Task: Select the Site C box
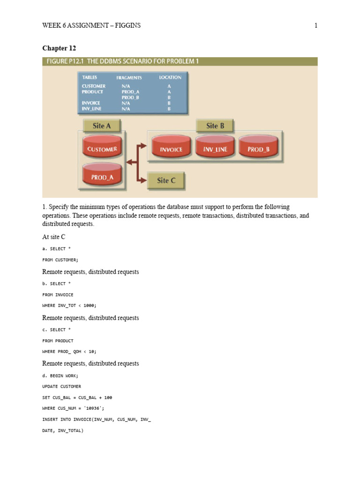tap(166, 180)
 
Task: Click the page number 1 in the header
tap(316, 26)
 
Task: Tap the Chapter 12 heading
tap(59, 48)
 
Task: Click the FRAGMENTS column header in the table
tap(129, 77)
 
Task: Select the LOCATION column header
tap(170, 77)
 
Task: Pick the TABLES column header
tap(90, 77)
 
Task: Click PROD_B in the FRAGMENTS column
tap(130, 97)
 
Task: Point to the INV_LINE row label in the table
tap(92, 109)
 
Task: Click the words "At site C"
tap(53, 237)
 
